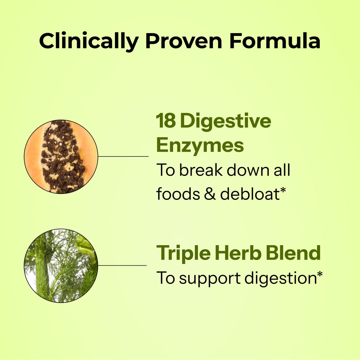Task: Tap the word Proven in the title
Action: (184, 41)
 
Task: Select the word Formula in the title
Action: (275, 41)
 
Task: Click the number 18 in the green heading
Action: (166, 121)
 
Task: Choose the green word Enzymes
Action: (200, 145)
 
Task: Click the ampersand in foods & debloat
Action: (210, 194)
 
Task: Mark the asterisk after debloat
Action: (283, 191)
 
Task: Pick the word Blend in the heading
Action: (293, 253)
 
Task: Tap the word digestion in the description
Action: (280, 279)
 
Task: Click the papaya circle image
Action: (61, 157)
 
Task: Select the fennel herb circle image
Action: (61, 266)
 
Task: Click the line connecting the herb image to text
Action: (122, 265)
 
